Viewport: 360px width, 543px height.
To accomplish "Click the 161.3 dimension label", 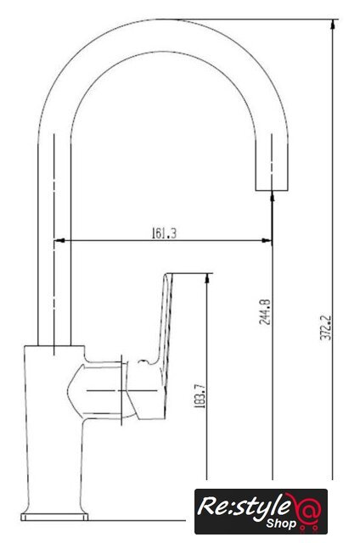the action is (164, 233).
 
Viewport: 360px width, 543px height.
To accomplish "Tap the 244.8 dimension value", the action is (265, 311).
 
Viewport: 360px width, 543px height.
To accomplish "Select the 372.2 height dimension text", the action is (325, 327).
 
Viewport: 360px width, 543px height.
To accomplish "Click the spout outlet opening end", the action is (272, 190).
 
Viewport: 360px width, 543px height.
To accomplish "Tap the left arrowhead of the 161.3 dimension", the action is (59, 240).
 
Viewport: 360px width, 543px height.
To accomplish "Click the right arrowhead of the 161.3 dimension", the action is (267, 240).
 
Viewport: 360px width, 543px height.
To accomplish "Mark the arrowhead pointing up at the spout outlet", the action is (272, 196).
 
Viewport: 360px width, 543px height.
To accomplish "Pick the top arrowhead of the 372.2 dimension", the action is (333, 25).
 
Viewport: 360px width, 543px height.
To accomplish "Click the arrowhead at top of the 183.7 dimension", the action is (207, 279).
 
